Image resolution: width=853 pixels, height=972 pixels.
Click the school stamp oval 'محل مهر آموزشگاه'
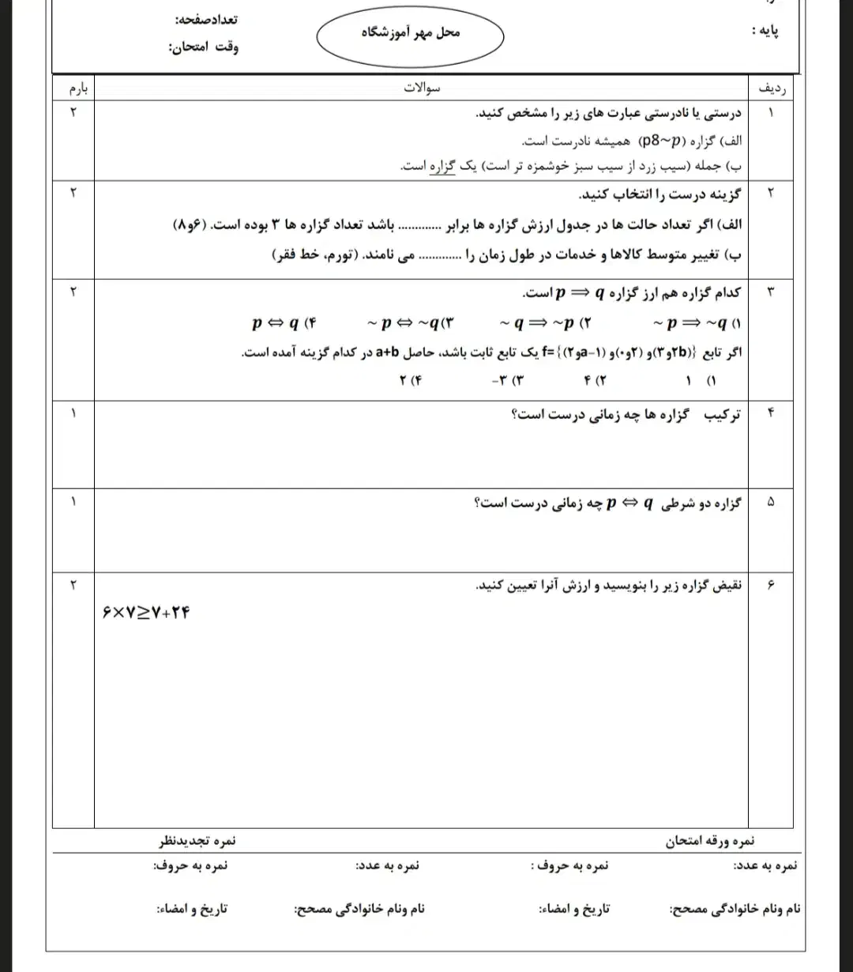[x=410, y=33]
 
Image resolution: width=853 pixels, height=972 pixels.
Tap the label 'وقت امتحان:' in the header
[x=203, y=47]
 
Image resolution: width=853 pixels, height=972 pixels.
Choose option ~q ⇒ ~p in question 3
[x=545, y=322]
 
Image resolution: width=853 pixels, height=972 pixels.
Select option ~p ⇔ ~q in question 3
[x=411, y=322]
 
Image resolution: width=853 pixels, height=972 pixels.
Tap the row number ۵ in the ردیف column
[x=771, y=503]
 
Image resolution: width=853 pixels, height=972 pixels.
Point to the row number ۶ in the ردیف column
[x=771, y=586]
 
